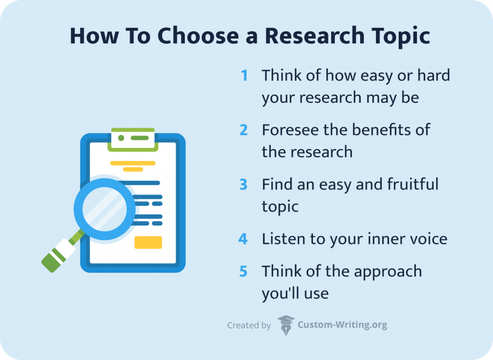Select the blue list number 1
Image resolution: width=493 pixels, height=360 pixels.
point(245,76)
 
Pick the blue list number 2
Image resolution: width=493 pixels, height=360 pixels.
point(244,130)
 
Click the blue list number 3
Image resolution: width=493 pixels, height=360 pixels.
point(244,185)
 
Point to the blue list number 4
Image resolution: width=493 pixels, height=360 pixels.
point(244,239)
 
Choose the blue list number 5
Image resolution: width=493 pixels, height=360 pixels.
point(244,271)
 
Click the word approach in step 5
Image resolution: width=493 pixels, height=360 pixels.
point(388,272)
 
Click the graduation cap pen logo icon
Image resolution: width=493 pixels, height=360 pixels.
point(286,325)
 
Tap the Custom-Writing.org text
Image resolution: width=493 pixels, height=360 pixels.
point(342,325)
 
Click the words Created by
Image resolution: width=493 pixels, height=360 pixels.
point(249,326)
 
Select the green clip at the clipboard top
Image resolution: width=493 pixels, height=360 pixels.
point(132,139)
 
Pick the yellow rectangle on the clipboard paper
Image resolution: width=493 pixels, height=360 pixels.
point(148,242)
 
